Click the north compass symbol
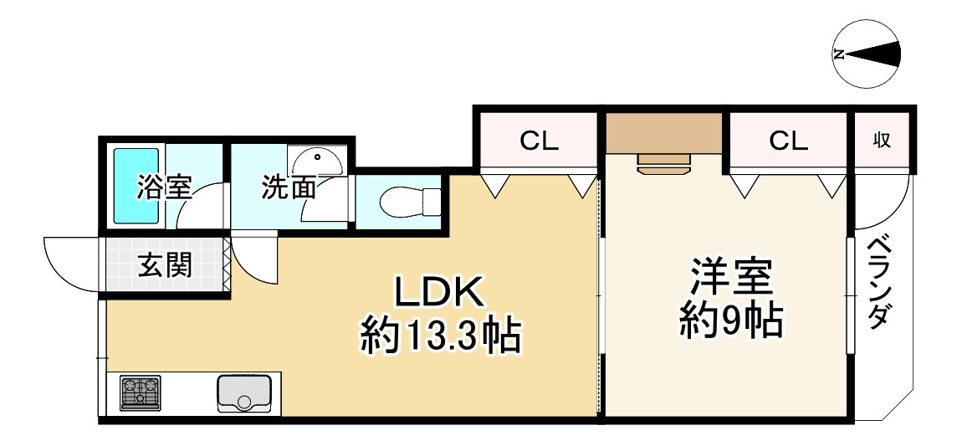click(868, 55)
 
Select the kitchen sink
click(243, 392)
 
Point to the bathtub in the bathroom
click(136, 187)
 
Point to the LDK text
click(439, 293)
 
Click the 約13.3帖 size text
click(441, 336)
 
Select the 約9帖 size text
click(730, 320)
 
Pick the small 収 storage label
click(882, 141)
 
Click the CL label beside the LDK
click(539, 141)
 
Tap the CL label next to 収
click(789, 141)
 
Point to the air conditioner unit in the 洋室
click(663, 162)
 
